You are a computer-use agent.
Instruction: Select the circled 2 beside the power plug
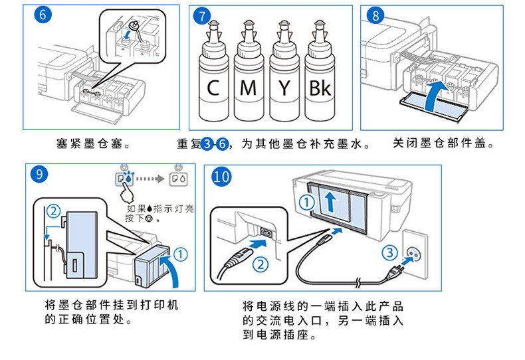point(261,263)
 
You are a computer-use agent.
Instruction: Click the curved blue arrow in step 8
point(431,98)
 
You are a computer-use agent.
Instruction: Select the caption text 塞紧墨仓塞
point(91,143)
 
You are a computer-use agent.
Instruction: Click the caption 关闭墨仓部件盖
point(443,143)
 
